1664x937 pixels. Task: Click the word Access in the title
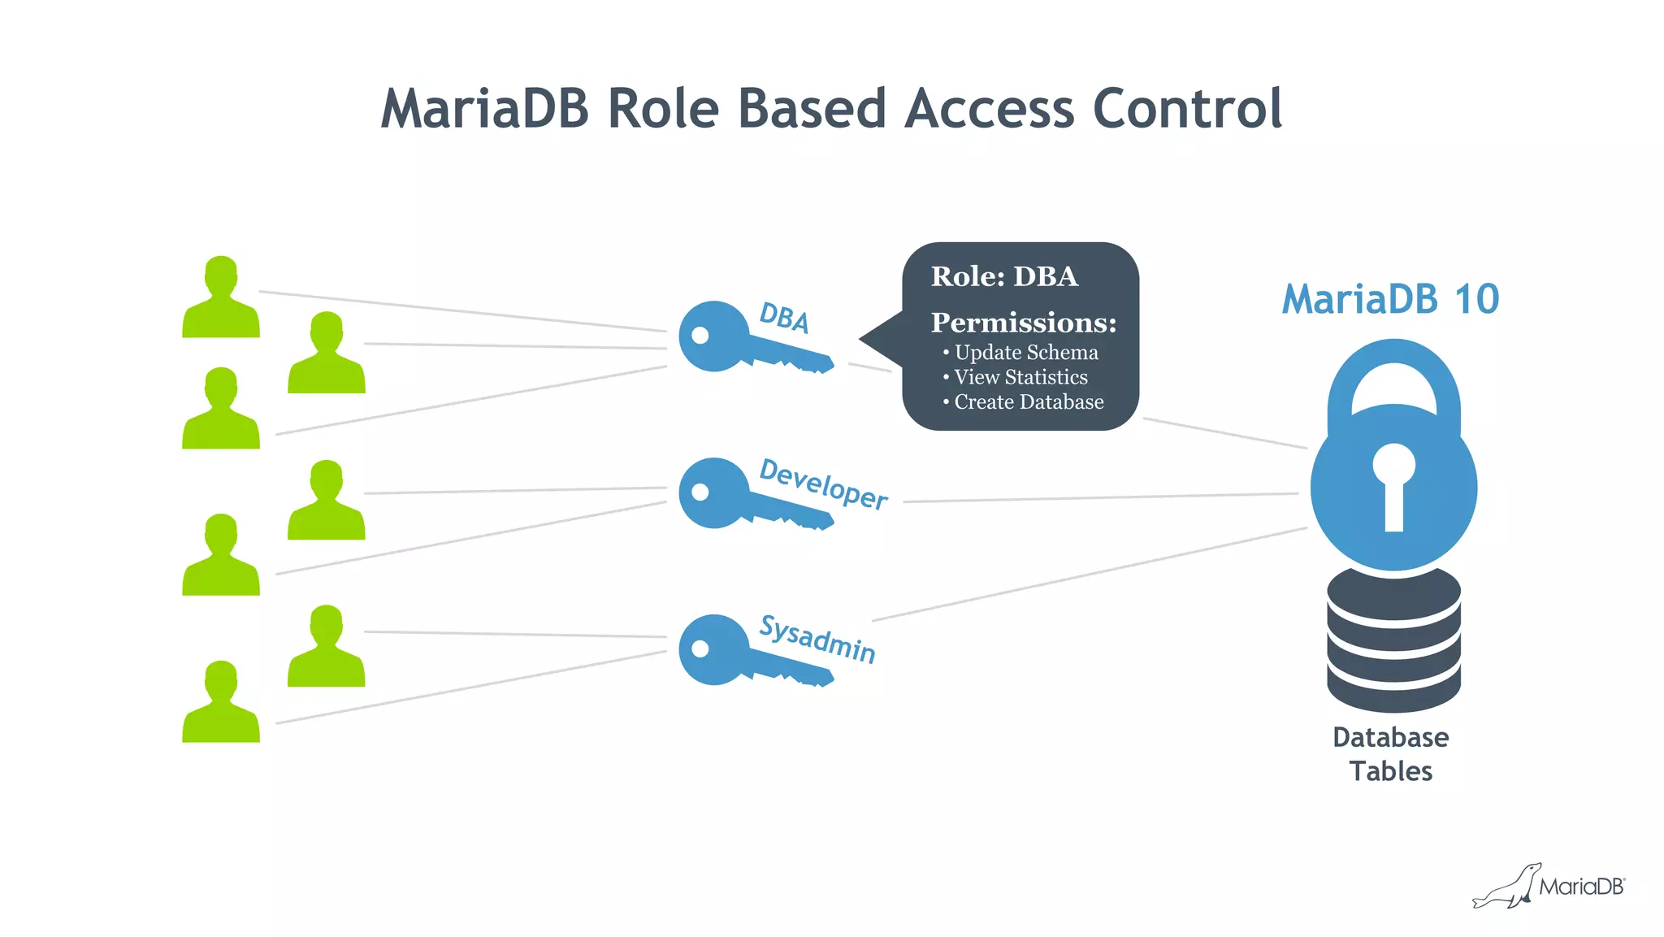click(989, 109)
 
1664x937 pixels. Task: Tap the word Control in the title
click(1187, 109)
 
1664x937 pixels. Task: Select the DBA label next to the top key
click(784, 318)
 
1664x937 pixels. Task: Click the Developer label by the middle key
click(823, 484)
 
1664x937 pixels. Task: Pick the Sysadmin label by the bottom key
click(817, 640)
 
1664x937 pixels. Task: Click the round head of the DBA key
click(712, 336)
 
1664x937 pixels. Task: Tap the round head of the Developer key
click(712, 492)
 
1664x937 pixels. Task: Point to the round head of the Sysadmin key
click(712, 649)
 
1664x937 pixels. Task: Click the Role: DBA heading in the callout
click(1004, 276)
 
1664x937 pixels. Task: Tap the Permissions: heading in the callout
click(1023, 323)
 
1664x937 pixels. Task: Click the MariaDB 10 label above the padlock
click(1389, 299)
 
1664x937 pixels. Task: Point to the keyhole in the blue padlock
click(1393, 484)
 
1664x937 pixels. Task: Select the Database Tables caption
click(1390, 754)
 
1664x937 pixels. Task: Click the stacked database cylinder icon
click(1393, 642)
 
